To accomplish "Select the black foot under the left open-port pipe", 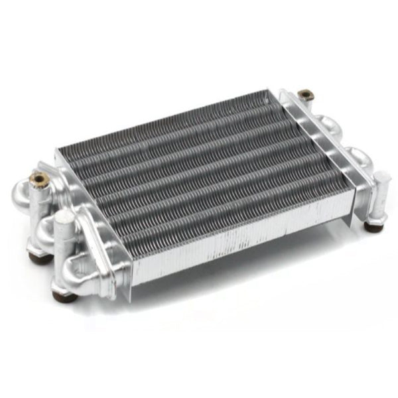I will click(x=38, y=257).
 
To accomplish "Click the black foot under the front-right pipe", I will click(x=373, y=226).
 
